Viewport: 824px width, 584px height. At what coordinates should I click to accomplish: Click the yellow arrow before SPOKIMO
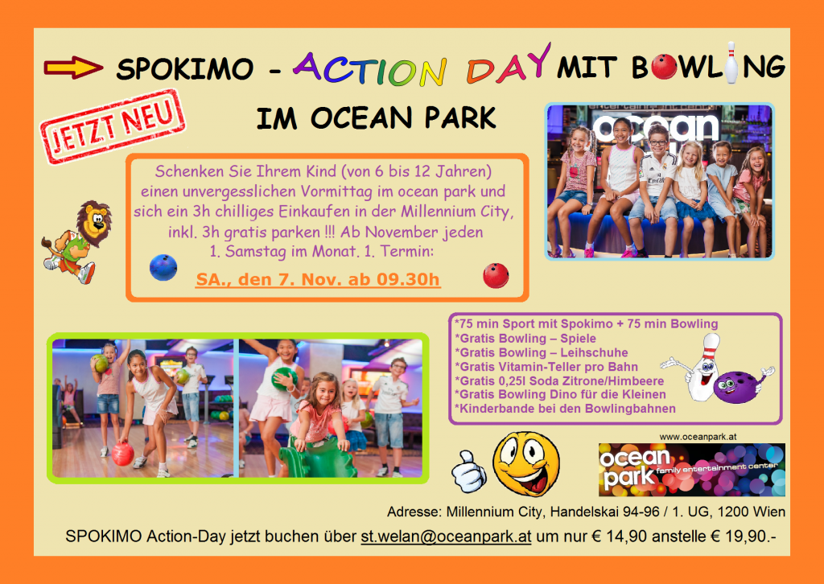pyautogui.click(x=73, y=68)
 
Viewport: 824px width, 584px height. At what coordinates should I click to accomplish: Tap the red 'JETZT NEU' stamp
pyautogui.click(x=113, y=126)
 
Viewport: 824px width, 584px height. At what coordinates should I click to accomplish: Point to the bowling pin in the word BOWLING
pyautogui.click(x=731, y=63)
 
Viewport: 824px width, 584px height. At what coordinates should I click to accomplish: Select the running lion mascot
pyautogui.click(x=76, y=241)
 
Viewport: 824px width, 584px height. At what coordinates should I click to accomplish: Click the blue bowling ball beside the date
pyautogui.click(x=163, y=267)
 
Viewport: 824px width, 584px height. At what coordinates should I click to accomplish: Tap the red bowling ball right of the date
pyautogui.click(x=496, y=275)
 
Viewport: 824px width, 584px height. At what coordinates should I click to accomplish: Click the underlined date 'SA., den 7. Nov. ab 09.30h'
pyautogui.click(x=318, y=279)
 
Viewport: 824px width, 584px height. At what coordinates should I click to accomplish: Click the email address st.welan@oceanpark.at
pyautogui.click(x=446, y=537)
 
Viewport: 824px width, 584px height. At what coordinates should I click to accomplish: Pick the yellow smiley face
pyautogui.click(x=526, y=463)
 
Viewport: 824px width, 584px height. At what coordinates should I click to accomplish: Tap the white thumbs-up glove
pyautogui.click(x=469, y=471)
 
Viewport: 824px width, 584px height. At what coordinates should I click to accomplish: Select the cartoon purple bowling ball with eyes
pyautogui.click(x=739, y=387)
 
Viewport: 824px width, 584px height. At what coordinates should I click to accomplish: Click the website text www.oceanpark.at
pyautogui.click(x=698, y=437)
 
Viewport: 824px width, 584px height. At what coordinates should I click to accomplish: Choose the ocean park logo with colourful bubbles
pyautogui.click(x=691, y=470)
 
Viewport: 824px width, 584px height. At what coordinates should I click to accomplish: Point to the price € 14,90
pyautogui.click(x=619, y=537)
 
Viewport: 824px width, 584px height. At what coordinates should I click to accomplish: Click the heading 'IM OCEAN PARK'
pyautogui.click(x=377, y=117)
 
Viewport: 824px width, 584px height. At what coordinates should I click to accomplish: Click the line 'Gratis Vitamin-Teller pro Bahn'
pyautogui.click(x=546, y=367)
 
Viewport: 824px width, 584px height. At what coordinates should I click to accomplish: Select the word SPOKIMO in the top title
pyautogui.click(x=185, y=68)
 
